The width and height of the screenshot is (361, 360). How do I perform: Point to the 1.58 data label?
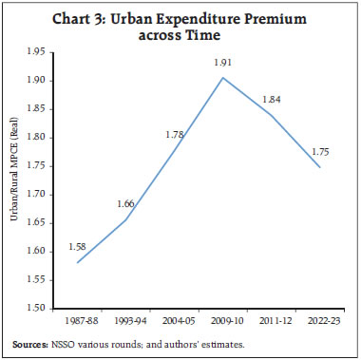click(77, 245)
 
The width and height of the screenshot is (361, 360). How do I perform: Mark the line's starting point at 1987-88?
click(76, 262)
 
